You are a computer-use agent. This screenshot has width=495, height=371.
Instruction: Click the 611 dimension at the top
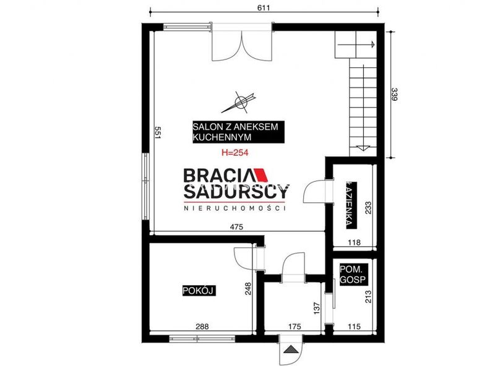tap(264, 7)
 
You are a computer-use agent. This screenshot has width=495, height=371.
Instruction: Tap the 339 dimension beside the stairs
tap(394, 95)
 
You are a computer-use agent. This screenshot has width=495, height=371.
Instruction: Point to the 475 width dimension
tap(236, 227)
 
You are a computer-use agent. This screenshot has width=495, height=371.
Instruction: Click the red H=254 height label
tap(235, 153)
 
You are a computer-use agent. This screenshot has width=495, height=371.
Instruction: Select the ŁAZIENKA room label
tap(351, 205)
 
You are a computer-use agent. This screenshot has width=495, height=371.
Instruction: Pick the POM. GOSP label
tap(353, 275)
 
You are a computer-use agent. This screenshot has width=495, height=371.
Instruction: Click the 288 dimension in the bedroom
tap(202, 327)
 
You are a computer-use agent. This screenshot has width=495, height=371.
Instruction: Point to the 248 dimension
tap(249, 289)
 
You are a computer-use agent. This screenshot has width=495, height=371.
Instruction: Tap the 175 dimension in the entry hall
tap(295, 327)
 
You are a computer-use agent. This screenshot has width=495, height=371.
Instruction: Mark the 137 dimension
tap(317, 309)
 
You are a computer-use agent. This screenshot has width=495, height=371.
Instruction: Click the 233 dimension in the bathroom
tap(368, 208)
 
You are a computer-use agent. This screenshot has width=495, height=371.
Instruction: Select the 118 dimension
tap(354, 242)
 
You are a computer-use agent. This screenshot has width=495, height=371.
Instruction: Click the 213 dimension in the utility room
tap(368, 297)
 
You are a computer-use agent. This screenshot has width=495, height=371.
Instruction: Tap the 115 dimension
tap(354, 327)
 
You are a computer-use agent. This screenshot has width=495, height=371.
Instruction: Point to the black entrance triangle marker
tap(291, 349)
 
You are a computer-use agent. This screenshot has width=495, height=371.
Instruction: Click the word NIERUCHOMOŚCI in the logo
tap(235, 208)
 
